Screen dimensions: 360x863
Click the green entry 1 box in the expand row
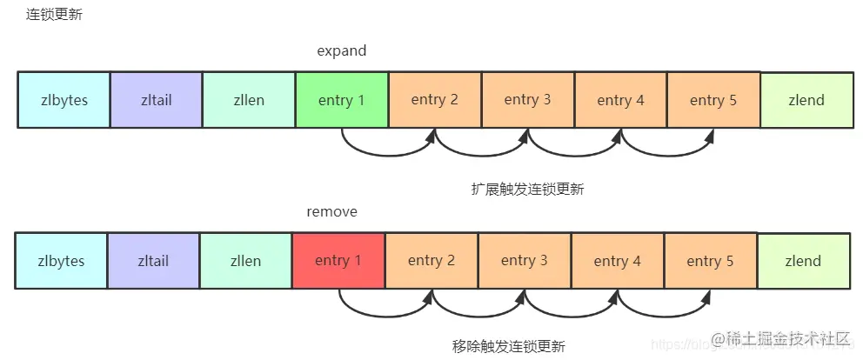[x=342, y=100]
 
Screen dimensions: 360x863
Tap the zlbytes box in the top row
[x=64, y=100]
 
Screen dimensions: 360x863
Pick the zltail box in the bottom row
[x=153, y=260]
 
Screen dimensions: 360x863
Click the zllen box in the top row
[x=249, y=100]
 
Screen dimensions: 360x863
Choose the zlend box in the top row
[x=806, y=100]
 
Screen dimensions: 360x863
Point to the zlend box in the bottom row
[x=803, y=260]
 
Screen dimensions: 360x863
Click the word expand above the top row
[x=341, y=51]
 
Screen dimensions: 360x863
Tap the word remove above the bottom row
[x=331, y=211]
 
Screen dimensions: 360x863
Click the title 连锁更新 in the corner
[x=55, y=15]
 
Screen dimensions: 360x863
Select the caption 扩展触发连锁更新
[x=526, y=190]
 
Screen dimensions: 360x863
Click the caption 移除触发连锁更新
[x=509, y=346]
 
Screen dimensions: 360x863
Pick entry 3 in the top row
[x=528, y=100]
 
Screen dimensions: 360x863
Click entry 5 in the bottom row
[x=710, y=260]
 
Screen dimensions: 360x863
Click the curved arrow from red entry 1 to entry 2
[x=385, y=315]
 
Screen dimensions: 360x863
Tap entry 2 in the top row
[x=435, y=100]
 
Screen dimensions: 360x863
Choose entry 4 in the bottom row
[x=618, y=260]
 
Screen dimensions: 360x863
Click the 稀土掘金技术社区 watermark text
[x=779, y=338]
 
